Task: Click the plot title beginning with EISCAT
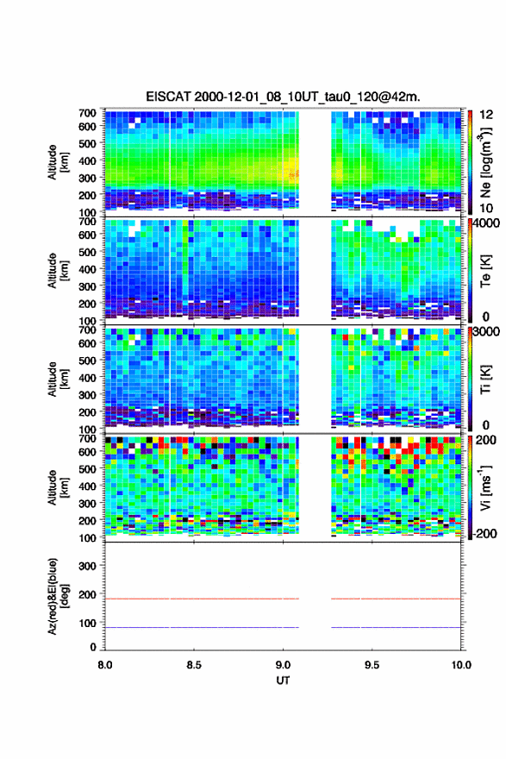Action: point(283,97)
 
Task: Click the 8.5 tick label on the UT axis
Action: point(194,665)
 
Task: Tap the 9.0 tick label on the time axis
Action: point(283,665)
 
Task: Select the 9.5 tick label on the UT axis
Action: point(372,665)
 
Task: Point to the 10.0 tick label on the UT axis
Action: point(461,665)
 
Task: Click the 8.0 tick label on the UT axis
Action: point(105,665)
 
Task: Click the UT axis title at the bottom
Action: point(283,681)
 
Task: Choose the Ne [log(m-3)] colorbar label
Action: point(485,163)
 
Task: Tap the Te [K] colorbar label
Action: point(485,271)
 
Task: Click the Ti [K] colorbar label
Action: point(485,379)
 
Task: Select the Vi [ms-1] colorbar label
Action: point(485,487)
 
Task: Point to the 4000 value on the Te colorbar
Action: point(487,223)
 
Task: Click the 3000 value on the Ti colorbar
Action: point(487,331)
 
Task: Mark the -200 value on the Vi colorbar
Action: point(484,533)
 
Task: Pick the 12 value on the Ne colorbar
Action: point(486,115)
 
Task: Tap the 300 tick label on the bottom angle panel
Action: point(87,566)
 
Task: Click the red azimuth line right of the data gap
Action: point(397,599)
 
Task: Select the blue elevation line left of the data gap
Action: point(203,627)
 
